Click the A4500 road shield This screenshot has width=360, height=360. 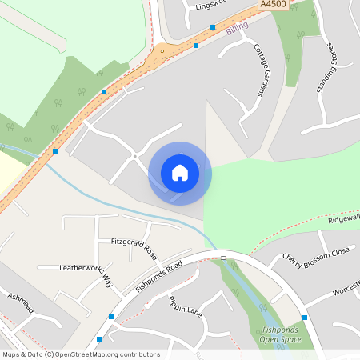pyautogui.click(x=273, y=5)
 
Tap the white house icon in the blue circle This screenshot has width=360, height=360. pyautogui.click(x=180, y=172)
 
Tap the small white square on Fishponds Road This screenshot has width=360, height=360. pyautogui.click(x=223, y=258)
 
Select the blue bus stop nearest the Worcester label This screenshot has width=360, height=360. pyautogui.click(x=305, y=318)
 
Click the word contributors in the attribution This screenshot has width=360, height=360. pyautogui.click(x=138, y=354)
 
